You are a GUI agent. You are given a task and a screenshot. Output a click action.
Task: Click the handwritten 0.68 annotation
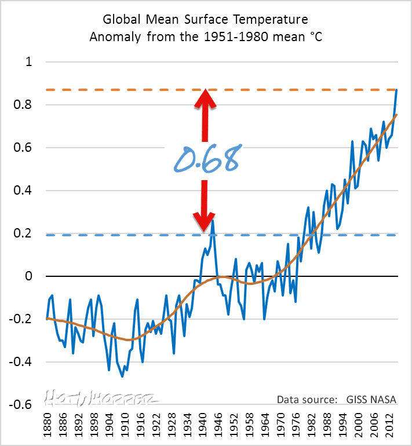pyautogui.click(x=206, y=158)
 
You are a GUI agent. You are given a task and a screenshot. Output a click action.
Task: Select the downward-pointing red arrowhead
pyautogui.click(x=205, y=221)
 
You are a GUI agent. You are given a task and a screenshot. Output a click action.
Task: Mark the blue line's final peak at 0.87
pyautogui.click(x=396, y=90)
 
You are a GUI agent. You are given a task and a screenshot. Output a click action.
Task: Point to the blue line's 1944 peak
pyautogui.click(x=213, y=220)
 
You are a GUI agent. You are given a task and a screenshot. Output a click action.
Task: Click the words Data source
pyautogui.click(x=305, y=400)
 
